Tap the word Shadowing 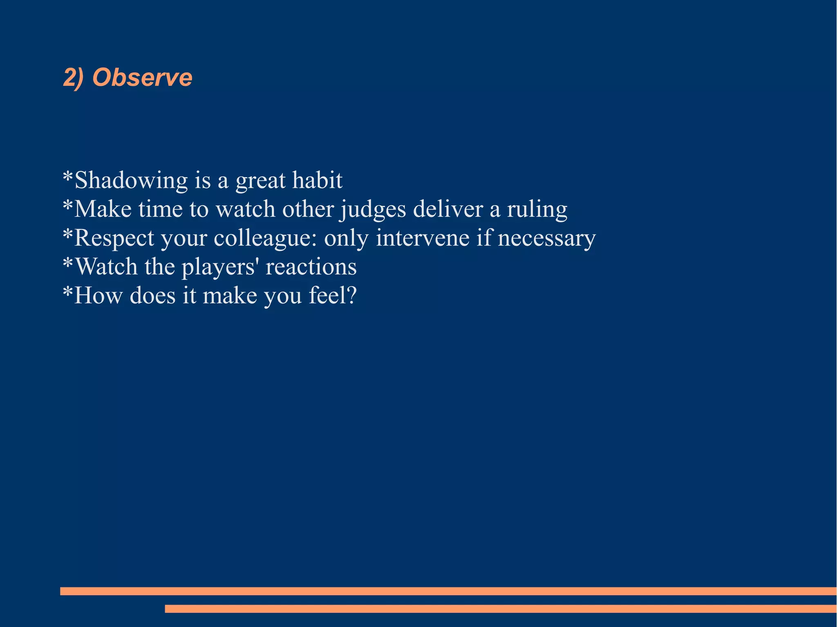[x=131, y=180]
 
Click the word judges [x=374, y=210]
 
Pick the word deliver [x=448, y=209]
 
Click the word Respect [x=114, y=238]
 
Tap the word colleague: [x=265, y=238]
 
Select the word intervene [x=422, y=238]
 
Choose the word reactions [x=311, y=267]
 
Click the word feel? [x=333, y=295]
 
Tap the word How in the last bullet [x=98, y=295]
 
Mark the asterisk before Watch [x=68, y=263]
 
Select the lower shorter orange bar [x=500, y=609]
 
